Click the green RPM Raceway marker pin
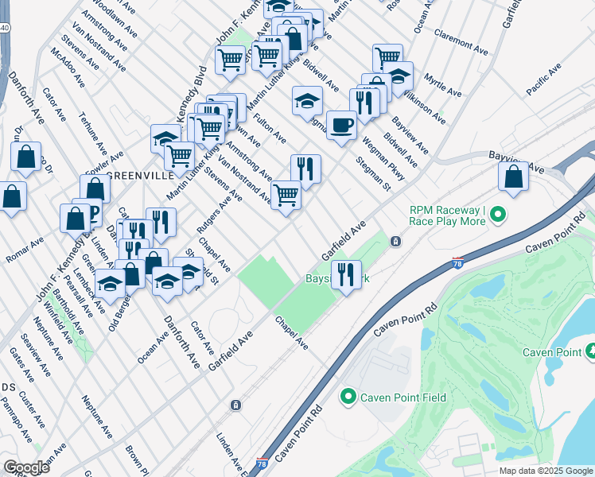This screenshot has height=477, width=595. click(498, 215)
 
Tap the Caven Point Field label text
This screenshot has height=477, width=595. click(403, 397)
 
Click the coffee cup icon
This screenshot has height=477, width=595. click(341, 126)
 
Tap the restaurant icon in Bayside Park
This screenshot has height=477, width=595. click(345, 275)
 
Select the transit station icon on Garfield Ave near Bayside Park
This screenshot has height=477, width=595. click(395, 241)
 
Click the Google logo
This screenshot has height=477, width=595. click(26, 467)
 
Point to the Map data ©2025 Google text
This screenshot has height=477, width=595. click(545, 471)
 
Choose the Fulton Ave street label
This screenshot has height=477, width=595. click(270, 129)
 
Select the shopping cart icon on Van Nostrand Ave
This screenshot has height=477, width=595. click(286, 193)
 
